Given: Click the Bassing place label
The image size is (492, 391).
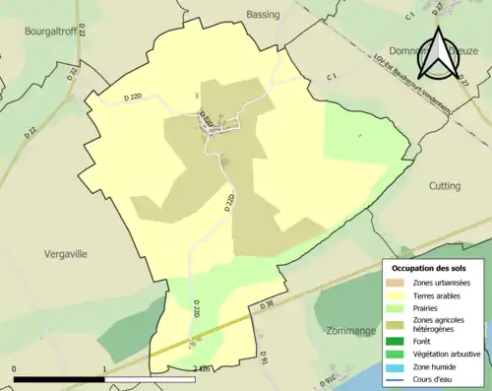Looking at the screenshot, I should click(263, 15).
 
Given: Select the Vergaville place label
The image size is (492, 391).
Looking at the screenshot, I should click(66, 253).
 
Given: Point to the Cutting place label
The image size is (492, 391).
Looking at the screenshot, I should click(445, 185).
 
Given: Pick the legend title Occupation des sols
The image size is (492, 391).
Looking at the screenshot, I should click(430, 268).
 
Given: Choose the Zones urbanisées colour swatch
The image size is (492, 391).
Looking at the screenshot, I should click(397, 284).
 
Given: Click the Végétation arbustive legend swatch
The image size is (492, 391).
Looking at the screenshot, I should click(397, 352).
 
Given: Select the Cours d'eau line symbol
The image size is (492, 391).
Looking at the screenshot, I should click(397, 375).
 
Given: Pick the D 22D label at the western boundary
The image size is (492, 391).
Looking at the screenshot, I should click(114, 96).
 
